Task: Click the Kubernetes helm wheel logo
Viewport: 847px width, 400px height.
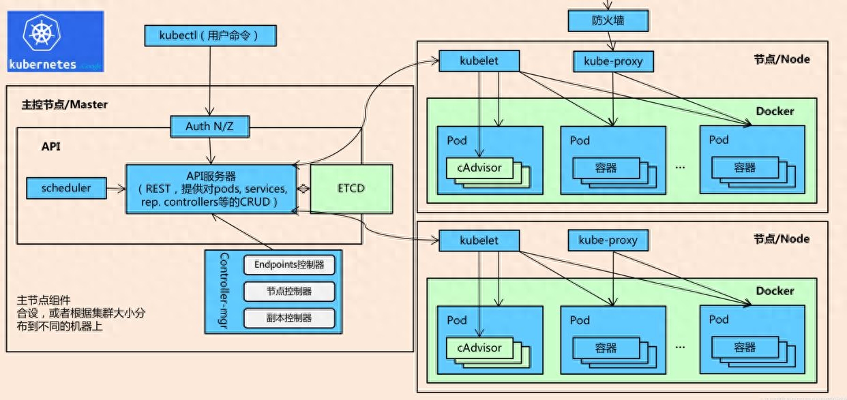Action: (x=42, y=33)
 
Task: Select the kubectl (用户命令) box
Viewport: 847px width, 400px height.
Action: (x=211, y=36)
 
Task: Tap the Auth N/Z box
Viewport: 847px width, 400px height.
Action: (x=210, y=127)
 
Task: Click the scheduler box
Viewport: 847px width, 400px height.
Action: (x=67, y=188)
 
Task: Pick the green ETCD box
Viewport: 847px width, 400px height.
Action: (x=351, y=189)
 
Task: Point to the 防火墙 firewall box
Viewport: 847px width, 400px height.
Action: (x=608, y=20)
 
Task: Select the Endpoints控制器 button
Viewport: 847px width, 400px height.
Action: (x=289, y=265)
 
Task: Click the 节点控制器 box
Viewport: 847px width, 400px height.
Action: (x=289, y=292)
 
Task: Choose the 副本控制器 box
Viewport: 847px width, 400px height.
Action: (x=289, y=318)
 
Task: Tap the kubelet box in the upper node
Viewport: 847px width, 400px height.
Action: (x=479, y=61)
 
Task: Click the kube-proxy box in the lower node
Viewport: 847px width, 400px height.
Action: (x=608, y=241)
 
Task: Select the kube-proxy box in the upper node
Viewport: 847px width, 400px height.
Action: (x=613, y=61)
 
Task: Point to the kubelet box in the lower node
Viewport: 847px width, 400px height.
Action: (x=479, y=241)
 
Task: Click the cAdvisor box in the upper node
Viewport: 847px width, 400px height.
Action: (x=479, y=168)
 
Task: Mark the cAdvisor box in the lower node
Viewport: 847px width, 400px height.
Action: (x=479, y=348)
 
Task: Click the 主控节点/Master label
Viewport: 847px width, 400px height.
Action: (x=65, y=105)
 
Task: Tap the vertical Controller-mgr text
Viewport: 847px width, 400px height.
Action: (x=224, y=291)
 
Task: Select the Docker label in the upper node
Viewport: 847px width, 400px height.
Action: (x=775, y=112)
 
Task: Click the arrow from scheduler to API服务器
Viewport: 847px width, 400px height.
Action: (x=116, y=188)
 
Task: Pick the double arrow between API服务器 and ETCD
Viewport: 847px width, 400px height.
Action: (x=303, y=189)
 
